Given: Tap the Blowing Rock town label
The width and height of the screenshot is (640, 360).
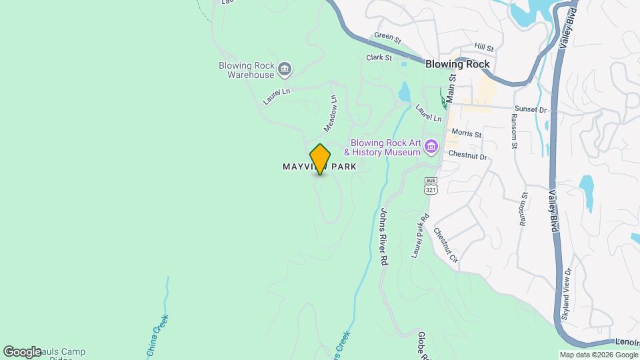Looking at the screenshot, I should click(x=458, y=65).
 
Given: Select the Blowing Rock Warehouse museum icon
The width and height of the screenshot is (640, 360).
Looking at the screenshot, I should click(x=285, y=67).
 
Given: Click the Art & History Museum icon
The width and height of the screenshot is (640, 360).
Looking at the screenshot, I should click(x=431, y=146).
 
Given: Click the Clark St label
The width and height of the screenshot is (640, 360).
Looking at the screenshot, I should click(x=379, y=58).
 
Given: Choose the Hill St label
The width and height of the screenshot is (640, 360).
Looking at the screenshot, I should click(x=483, y=48).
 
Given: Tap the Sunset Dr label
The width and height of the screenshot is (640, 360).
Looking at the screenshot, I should click(x=530, y=109).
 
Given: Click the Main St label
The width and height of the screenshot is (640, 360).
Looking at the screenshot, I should click(x=451, y=87).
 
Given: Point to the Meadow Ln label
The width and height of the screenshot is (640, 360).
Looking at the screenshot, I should click(x=331, y=112).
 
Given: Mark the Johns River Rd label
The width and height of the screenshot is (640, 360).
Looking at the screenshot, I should click(x=383, y=237).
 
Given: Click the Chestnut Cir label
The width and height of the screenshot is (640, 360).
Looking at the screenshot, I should click(x=446, y=245).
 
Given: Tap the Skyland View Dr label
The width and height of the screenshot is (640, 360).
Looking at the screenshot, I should click(x=567, y=294).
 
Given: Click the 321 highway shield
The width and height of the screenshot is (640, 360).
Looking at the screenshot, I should click(x=431, y=189).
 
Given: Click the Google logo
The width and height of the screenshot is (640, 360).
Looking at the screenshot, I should click(x=22, y=351).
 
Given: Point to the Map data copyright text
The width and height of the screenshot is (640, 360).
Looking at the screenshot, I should click(x=597, y=355).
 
